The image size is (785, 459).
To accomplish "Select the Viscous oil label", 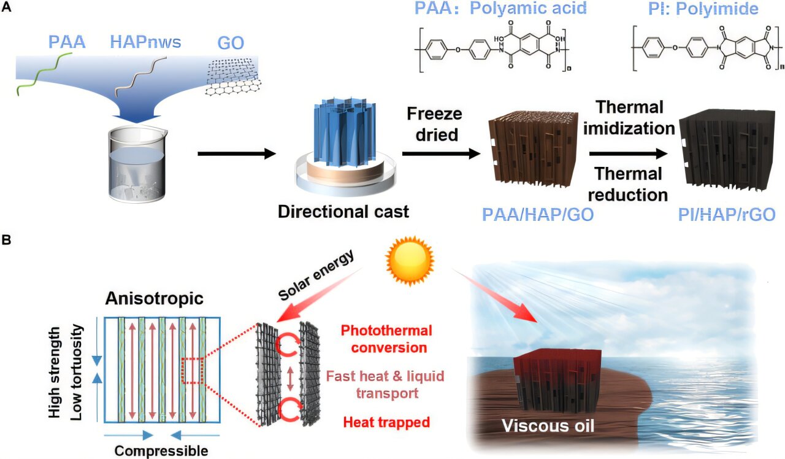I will point(548,425).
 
